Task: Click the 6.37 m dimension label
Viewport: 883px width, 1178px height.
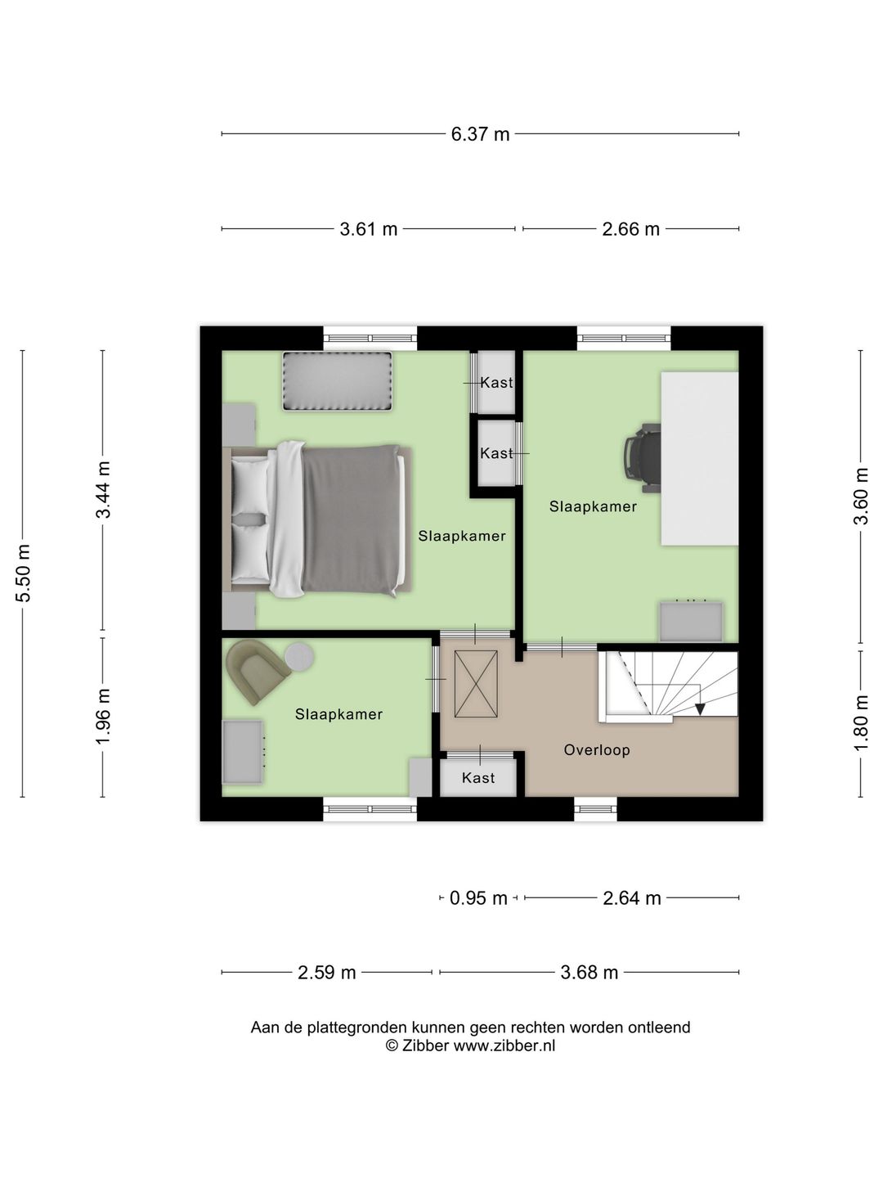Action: point(480,134)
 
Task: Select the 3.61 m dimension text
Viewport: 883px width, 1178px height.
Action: point(369,229)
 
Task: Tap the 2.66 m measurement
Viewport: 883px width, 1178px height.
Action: point(630,229)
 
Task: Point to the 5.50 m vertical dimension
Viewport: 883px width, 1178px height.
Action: point(24,573)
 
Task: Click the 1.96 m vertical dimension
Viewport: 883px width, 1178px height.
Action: point(103,717)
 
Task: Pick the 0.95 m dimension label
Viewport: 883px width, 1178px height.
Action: point(478,898)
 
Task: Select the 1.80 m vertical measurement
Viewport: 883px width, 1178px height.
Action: point(860,723)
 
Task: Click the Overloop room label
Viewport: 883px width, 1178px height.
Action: point(597,750)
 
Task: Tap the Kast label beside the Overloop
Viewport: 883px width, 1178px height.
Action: point(478,778)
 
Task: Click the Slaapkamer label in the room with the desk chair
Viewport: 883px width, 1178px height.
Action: point(593,506)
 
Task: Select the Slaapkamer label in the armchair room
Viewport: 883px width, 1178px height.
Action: point(338,714)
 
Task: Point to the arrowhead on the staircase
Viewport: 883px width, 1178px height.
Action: point(700,708)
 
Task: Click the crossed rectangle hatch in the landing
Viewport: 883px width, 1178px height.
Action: point(475,685)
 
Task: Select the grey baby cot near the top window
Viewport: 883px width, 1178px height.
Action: point(337,381)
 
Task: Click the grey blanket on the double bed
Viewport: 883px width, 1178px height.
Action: point(352,520)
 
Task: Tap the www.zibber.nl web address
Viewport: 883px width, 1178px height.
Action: point(504,1045)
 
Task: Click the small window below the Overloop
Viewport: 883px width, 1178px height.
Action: point(595,808)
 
